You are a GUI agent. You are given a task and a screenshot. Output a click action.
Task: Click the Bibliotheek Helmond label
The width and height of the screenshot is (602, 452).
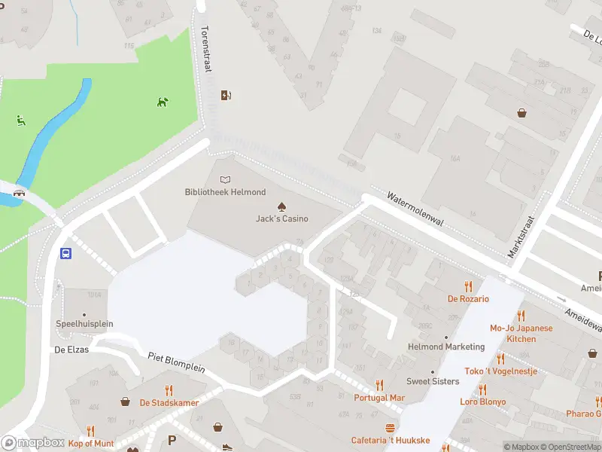[x=225, y=191]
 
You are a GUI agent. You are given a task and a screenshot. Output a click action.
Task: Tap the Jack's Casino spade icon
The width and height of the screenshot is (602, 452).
[x=281, y=206]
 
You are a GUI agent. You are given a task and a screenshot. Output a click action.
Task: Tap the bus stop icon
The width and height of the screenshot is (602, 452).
[x=66, y=253]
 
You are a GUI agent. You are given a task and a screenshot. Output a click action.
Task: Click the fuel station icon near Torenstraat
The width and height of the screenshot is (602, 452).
[x=225, y=95]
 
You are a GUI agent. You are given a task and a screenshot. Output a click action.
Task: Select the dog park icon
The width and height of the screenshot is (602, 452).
[x=163, y=102]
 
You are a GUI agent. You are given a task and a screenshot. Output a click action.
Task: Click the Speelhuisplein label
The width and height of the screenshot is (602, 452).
[x=84, y=324]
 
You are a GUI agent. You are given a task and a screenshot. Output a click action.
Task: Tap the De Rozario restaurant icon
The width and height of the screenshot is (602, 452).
[x=469, y=286]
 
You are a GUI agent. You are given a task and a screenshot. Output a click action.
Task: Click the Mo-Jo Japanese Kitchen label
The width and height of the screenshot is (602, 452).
[x=521, y=333]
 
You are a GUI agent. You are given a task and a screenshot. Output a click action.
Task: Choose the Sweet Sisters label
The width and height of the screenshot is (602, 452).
[x=433, y=381]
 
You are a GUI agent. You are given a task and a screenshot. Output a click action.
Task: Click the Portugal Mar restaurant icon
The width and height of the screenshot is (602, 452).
[x=379, y=385]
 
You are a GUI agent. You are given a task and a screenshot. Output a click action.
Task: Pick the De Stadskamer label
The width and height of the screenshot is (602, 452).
[x=169, y=402]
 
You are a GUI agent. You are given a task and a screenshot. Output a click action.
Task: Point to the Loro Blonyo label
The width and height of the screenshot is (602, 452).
[x=482, y=402]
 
